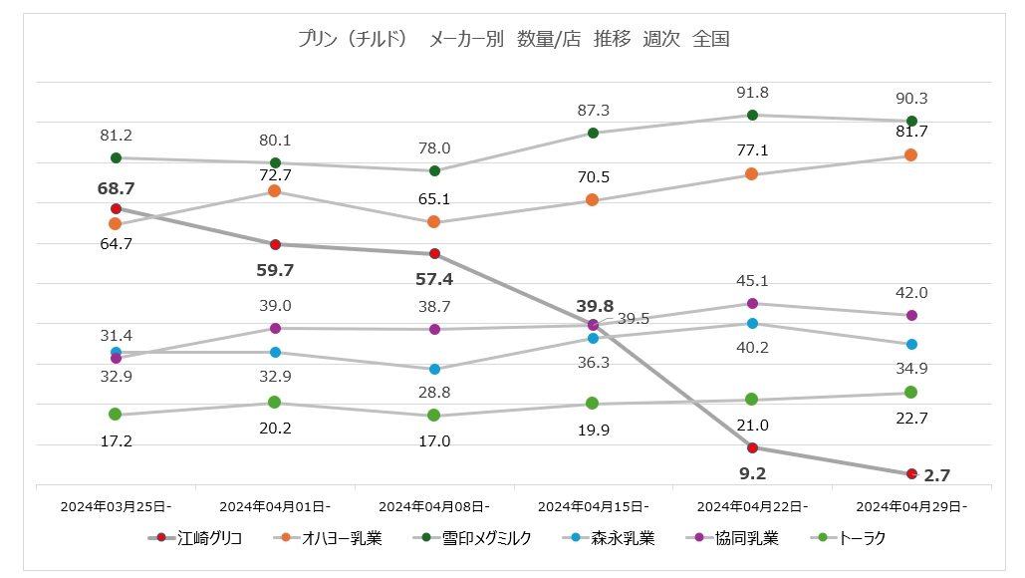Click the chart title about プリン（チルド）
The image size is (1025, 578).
[x=513, y=40]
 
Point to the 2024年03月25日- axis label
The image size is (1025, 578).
[x=116, y=506]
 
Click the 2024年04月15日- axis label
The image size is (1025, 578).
[x=594, y=506]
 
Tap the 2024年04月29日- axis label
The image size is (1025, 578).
[x=911, y=506]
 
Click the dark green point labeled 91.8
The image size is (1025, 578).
[x=752, y=115]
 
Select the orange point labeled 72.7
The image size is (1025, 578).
[x=275, y=190]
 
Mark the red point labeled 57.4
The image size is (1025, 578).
[x=434, y=254]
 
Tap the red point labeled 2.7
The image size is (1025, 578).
[x=911, y=473]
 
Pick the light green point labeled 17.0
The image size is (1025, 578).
[x=434, y=415]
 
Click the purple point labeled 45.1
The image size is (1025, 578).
[x=752, y=303]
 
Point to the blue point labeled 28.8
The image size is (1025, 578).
[x=434, y=369]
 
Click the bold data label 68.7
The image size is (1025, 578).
[x=117, y=188]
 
